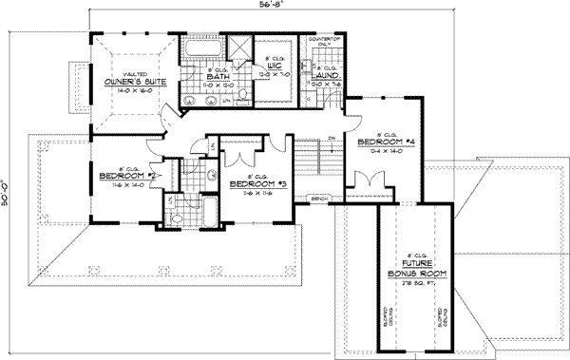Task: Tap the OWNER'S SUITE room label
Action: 136,83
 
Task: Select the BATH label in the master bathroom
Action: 219,77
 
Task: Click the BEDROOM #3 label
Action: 253,182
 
